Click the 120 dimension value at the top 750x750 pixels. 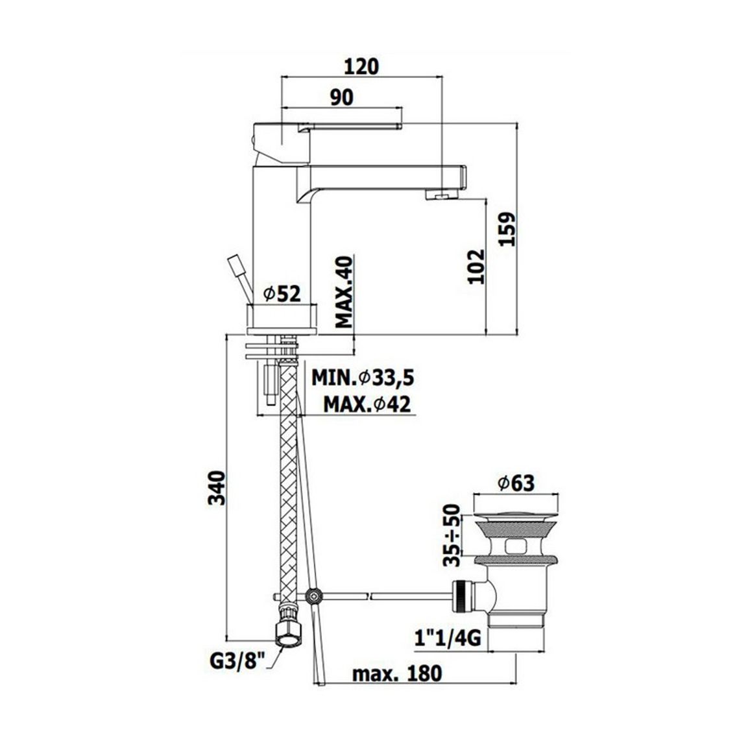[361, 66]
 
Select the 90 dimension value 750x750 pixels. [342, 97]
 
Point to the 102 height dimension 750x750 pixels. [476, 267]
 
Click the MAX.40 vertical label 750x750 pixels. [344, 292]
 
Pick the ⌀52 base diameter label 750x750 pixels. [283, 294]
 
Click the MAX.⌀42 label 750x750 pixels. [367, 405]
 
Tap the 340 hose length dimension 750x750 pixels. [217, 487]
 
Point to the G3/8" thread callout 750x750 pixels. [237, 662]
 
